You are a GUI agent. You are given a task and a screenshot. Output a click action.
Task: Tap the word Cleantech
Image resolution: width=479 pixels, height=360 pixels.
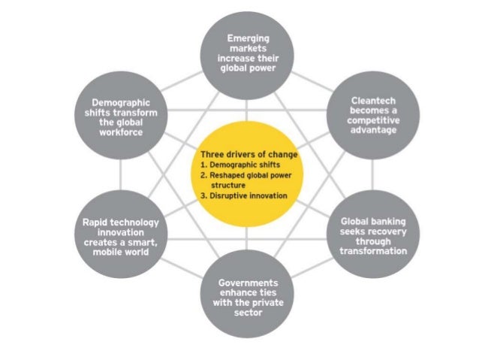373,99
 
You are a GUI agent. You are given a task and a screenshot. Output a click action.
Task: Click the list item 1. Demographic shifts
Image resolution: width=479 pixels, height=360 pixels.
233,164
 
